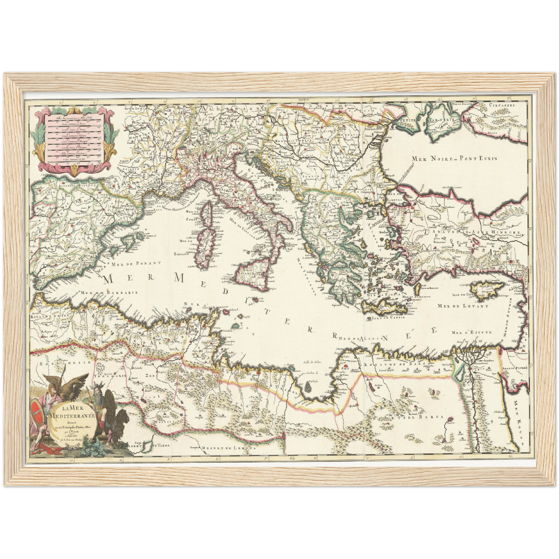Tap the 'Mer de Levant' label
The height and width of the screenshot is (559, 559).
coord(462,306)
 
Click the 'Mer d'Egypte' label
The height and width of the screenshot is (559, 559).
coord(472,332)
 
